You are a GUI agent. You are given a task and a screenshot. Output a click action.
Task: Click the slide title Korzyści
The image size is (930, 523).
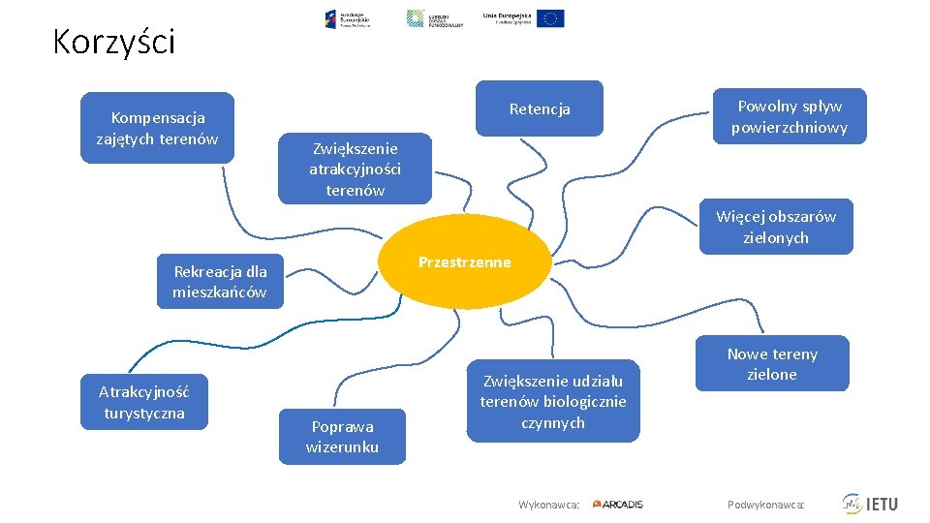tap(113, 43)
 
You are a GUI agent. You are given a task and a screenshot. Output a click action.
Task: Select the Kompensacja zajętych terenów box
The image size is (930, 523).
tap(157, 128)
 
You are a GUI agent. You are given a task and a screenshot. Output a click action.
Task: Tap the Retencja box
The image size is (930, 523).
tap(540, 108)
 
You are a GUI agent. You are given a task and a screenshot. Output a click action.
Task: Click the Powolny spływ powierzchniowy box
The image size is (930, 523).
tap(790, 116)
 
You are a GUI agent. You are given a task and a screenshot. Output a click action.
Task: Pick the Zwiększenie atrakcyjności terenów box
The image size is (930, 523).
tap(355, 169)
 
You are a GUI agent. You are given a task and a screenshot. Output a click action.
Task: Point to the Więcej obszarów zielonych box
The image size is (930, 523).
tap(776, 227)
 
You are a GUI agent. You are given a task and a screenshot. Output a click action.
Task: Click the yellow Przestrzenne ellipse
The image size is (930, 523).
tap(465, 262)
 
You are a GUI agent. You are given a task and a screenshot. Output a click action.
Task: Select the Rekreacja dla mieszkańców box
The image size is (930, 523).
tap(220, 282)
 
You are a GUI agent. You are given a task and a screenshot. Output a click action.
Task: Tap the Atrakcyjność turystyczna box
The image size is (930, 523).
tap(143, 402)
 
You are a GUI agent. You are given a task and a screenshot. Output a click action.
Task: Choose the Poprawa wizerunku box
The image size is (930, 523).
tap(342, 437)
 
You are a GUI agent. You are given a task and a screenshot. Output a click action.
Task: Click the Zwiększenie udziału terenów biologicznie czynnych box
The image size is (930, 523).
tap(553, 401)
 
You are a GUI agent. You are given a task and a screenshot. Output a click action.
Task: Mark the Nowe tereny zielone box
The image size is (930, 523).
tap(772, 363)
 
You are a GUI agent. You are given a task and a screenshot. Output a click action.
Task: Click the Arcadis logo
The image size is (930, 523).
tap(618, 504)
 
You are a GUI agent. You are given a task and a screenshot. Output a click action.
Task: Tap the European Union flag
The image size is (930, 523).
tap(550, 18)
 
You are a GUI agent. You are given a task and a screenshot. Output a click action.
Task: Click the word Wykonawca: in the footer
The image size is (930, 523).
tap(549, 505)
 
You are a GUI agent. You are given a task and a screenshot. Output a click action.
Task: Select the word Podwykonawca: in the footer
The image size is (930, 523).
tap(765, 505)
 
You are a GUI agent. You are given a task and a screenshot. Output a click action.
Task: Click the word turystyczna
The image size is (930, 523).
tap(143, 414)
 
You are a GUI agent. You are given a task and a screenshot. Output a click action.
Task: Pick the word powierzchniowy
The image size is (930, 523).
tap(790, 127)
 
